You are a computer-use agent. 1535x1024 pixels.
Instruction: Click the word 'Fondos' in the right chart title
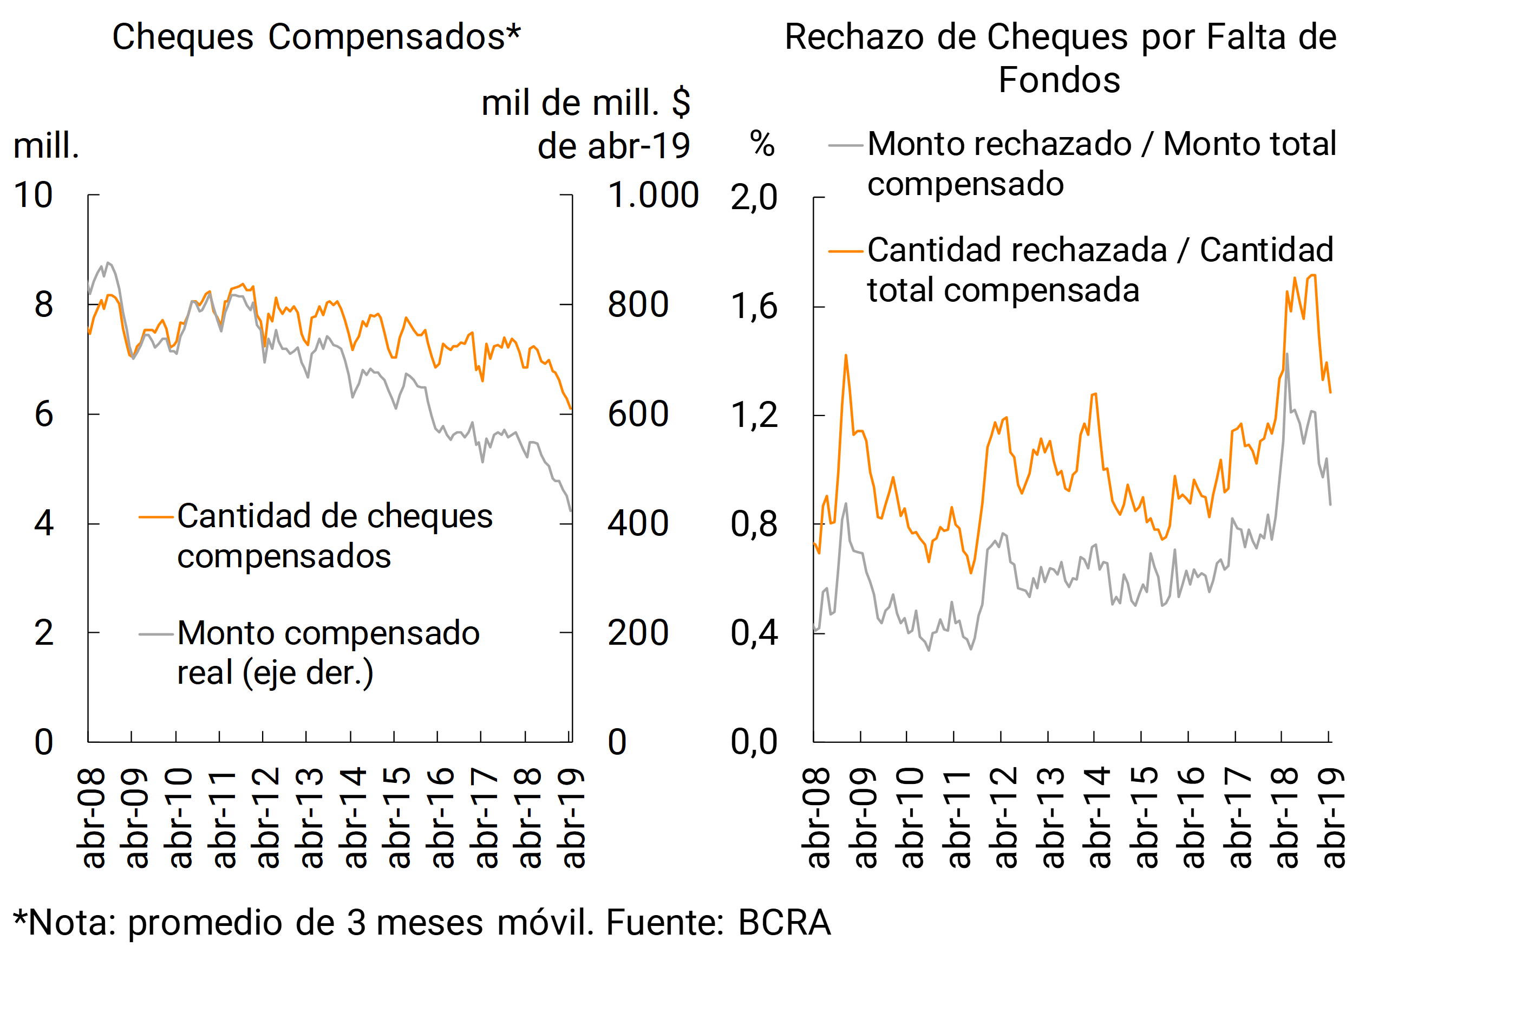[1059, 80]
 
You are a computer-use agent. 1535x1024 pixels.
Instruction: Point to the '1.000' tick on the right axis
[652, 195]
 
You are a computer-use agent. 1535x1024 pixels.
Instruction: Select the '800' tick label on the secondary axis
[638, 305]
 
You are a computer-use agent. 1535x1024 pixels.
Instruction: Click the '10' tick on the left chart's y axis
[33, 195]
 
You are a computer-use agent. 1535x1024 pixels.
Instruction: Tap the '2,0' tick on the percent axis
[754, 197]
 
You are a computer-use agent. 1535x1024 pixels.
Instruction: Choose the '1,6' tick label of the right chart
[754, 306]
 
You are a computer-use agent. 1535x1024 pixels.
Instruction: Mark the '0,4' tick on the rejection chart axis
[754, 633]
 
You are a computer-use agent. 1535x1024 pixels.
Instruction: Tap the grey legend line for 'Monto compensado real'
[156, 634]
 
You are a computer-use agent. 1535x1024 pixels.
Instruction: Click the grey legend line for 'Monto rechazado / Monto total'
[846, 145]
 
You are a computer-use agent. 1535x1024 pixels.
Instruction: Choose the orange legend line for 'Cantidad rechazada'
[846, 251]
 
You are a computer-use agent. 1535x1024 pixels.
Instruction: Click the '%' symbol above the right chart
[762, 143]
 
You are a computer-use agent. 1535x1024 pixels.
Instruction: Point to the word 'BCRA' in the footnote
[784, 923]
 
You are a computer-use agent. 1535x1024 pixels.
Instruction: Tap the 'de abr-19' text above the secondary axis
[613, 146]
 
